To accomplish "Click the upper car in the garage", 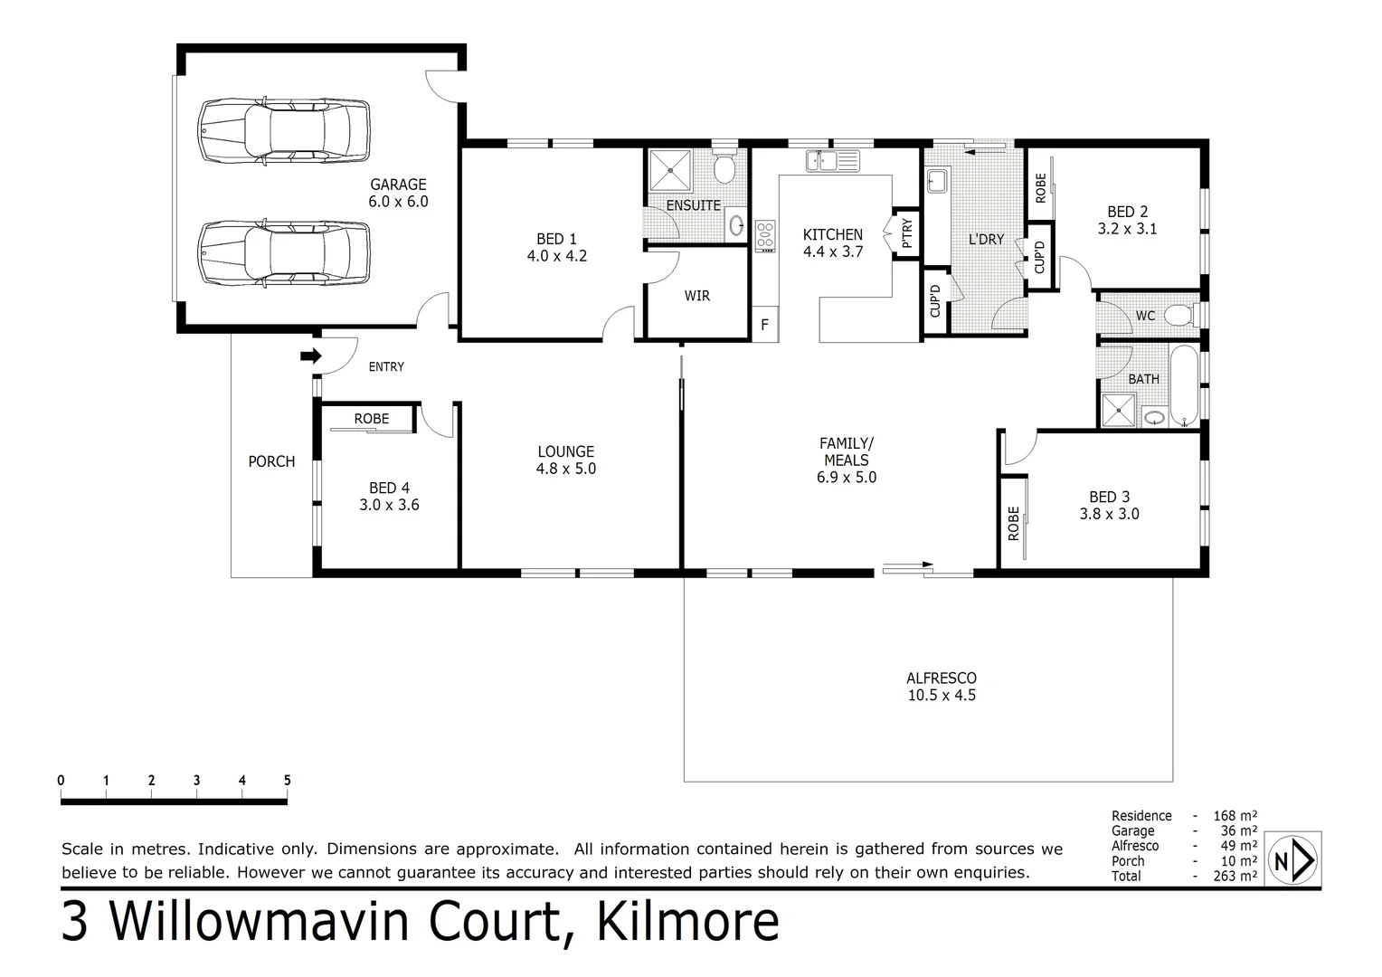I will (284, 131).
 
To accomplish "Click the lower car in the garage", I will (284, 253).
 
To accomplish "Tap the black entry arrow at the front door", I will (311, 356).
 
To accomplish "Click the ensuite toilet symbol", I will (724, 167).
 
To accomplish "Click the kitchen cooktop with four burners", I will (765, 234).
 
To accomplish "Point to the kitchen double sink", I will (833, 161).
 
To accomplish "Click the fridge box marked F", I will (765, 324).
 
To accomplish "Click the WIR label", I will (696, 296).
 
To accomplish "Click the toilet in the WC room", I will (1178, 316).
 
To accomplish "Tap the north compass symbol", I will (1293, 859).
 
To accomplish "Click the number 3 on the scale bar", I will (196, 781).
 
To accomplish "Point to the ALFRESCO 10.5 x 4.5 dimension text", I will (942, 696).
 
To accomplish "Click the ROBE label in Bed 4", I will (371, 419).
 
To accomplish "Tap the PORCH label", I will (271, 461).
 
